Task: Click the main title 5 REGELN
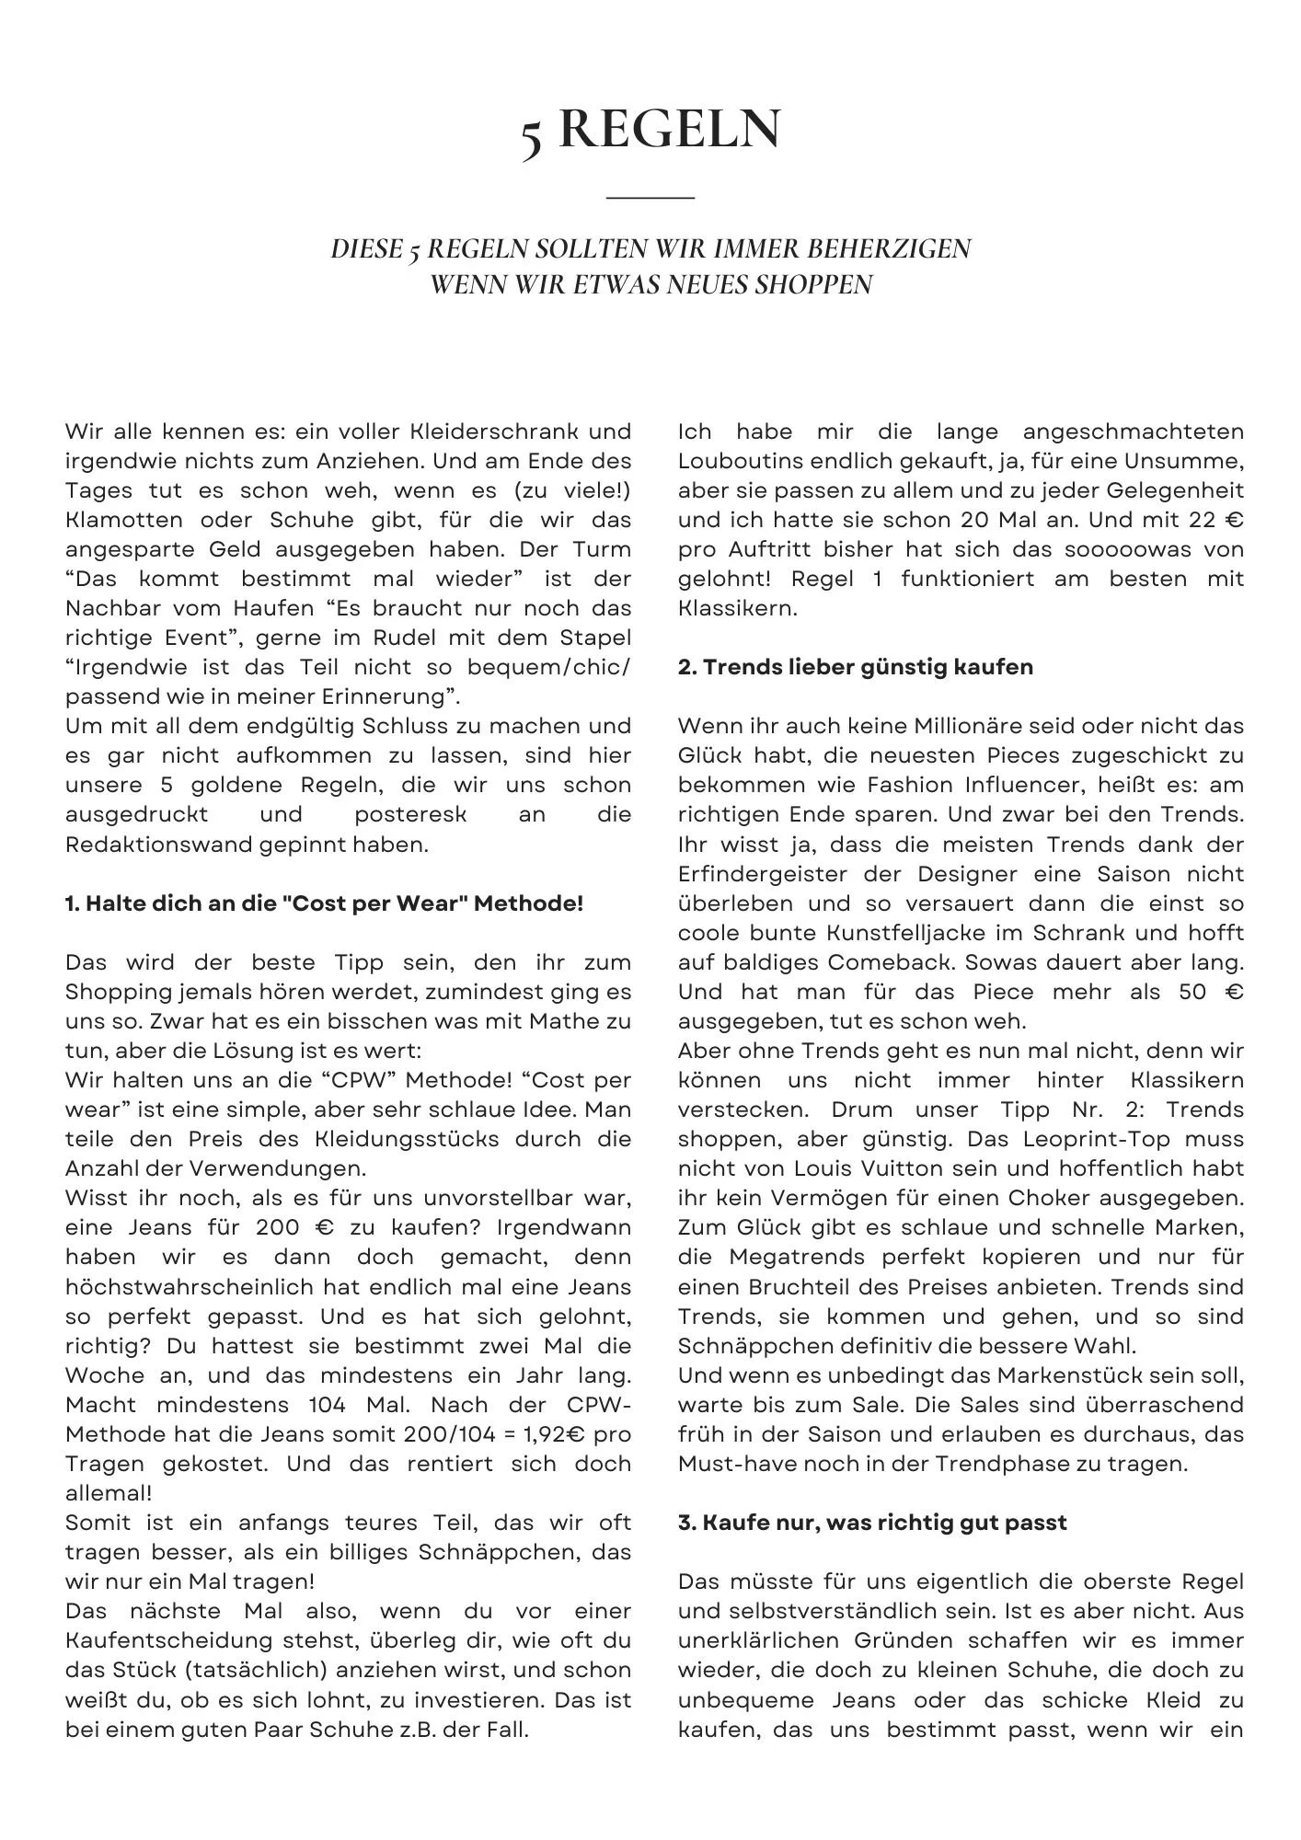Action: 650,129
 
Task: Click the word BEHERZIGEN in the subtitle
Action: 889,249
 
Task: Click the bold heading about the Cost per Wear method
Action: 324,903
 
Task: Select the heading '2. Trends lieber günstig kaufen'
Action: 855,667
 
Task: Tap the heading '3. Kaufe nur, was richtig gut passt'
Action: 872,1523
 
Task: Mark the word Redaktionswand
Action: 156,845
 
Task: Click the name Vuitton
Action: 892,1168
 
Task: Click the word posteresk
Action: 410,815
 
